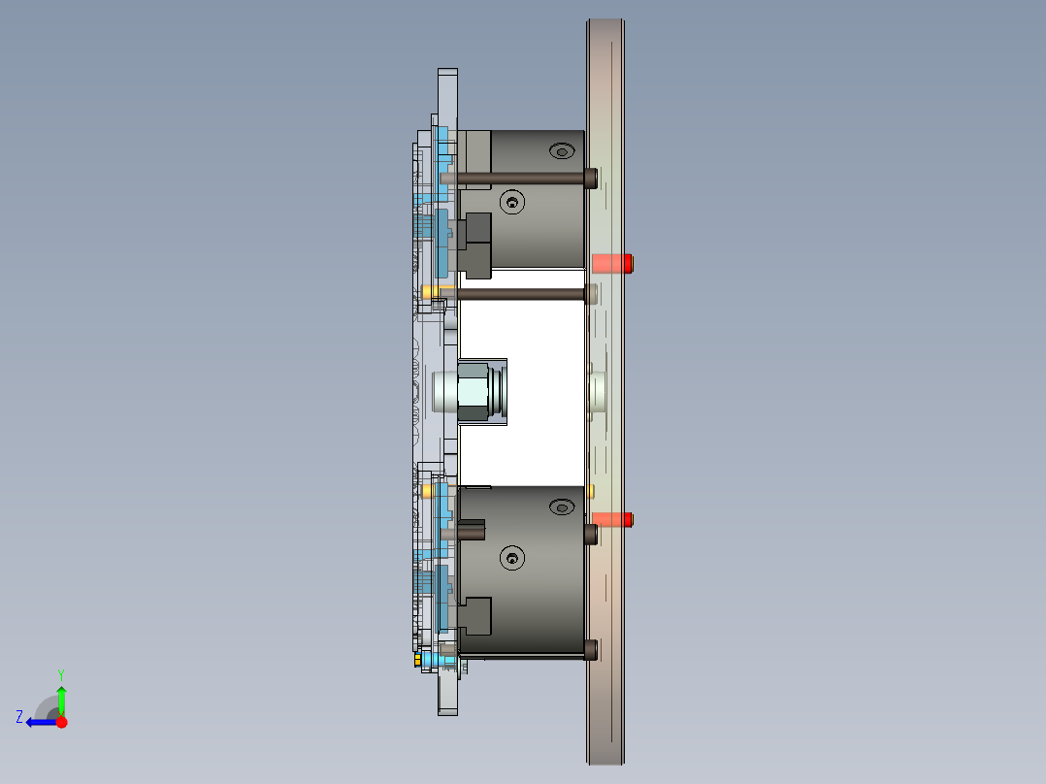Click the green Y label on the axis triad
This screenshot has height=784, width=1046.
tap(60, 672)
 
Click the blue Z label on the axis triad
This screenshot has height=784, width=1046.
tap(19, 717)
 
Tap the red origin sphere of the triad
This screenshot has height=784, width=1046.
tap(61, 722)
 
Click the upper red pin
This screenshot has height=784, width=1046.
tap(612, 263)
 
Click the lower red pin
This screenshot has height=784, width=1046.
tap(612, 520)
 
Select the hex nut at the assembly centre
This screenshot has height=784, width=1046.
tap(474, 392)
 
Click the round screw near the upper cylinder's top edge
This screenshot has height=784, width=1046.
tap(560, 150)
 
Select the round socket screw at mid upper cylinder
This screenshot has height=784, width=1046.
tap(511, 202)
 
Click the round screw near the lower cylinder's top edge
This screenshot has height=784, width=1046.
tap(560, 507)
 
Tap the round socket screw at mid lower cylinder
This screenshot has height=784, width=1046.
tap(511, 558)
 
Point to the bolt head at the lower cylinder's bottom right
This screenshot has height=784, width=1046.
tap(591, 649)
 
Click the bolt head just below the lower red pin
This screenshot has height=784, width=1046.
tap(591, 534)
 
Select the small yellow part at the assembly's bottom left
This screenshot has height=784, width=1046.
tap(418, 660)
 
